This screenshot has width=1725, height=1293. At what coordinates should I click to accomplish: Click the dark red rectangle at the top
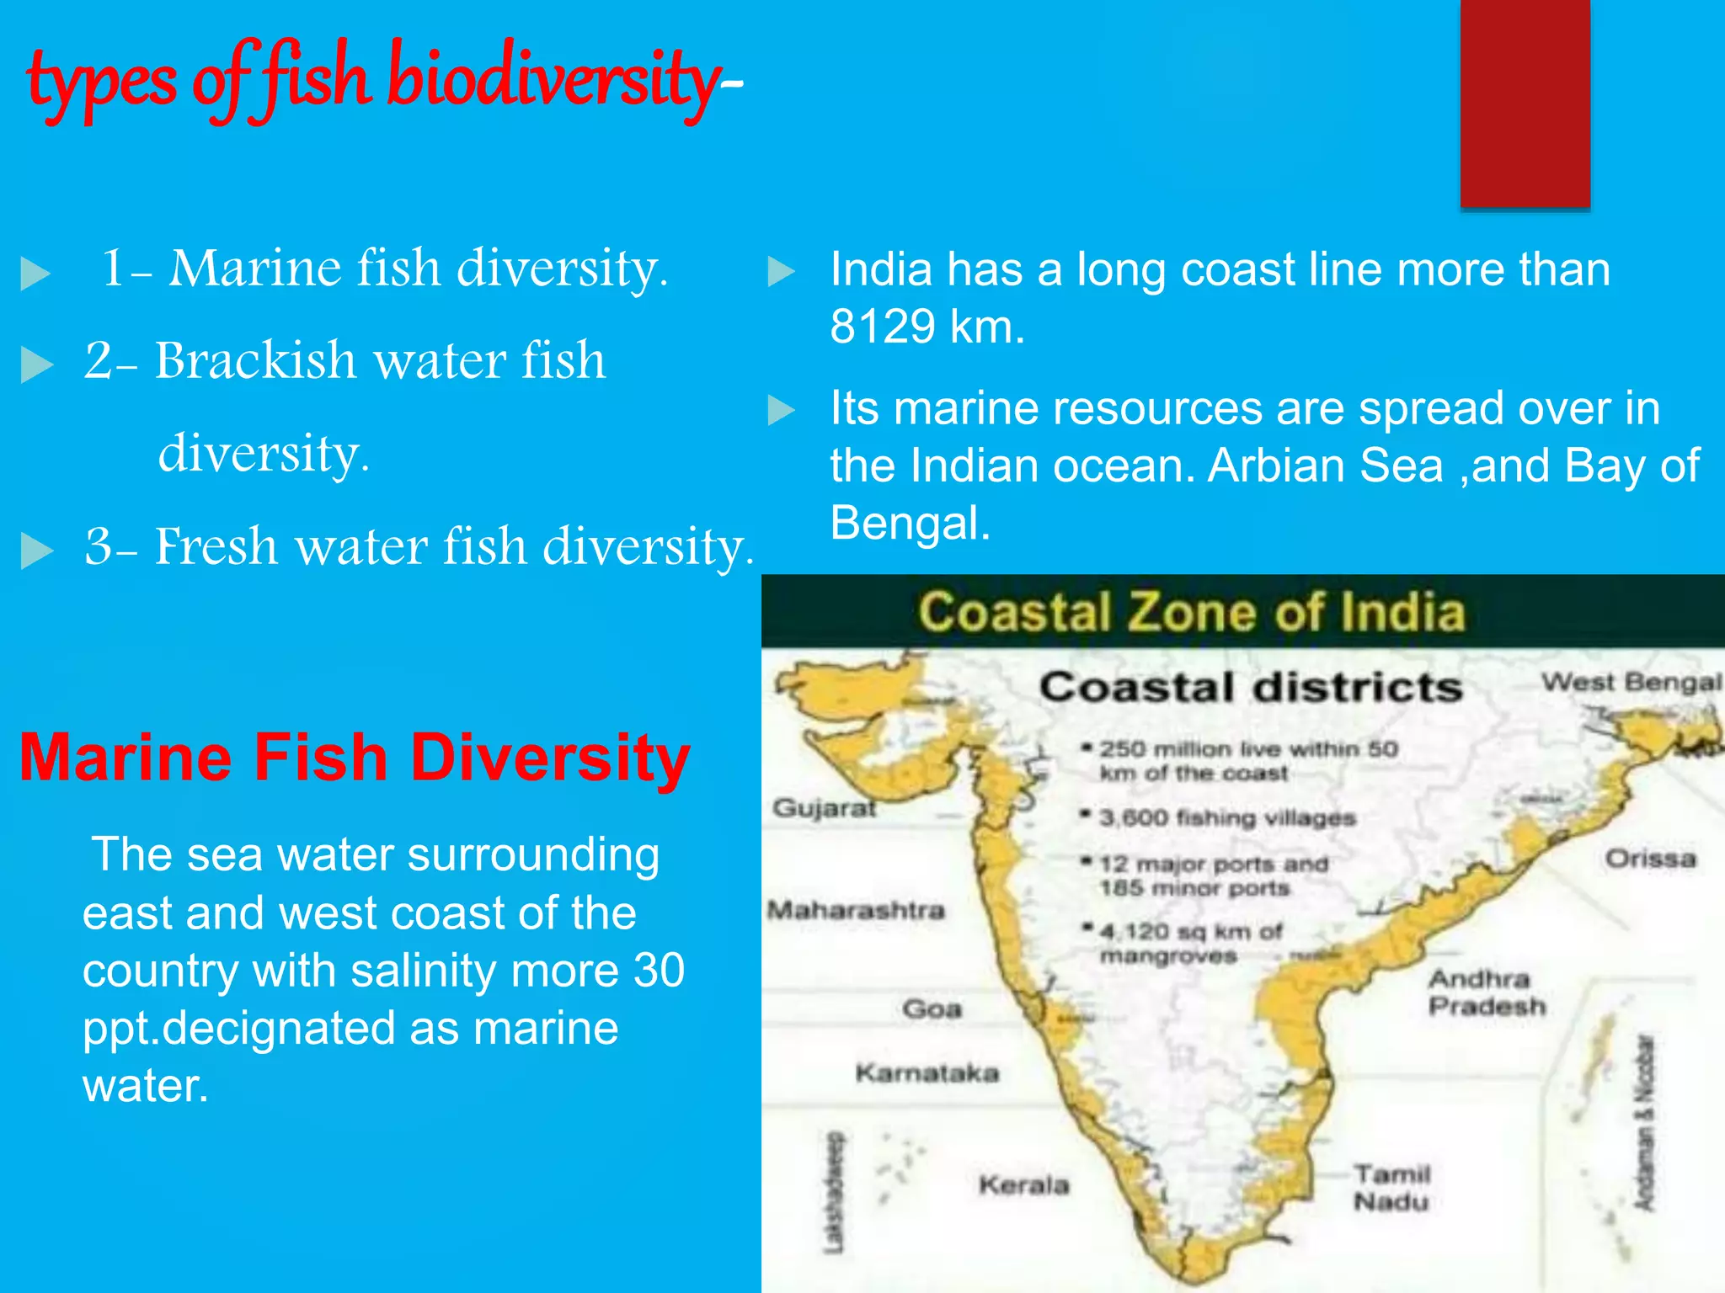click(x=1525, y=103)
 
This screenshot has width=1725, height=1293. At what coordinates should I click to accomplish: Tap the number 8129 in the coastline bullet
click(x=882, y=327)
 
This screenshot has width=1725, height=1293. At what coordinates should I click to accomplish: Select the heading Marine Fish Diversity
click(x=355, y=757)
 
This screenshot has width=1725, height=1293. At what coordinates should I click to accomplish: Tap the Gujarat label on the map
click(x=825, y=808)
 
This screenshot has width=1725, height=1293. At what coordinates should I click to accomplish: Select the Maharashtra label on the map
click(x=856, y=910)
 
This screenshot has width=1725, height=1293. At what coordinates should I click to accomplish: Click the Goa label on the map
click(x=932, y=1008)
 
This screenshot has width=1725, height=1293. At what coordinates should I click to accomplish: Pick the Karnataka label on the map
click(x=927, y=1072)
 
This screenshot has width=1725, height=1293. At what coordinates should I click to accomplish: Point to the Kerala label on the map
click(x=1023, y=1185)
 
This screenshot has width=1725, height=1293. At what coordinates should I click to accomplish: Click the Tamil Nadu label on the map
click(x=1391, y=1187)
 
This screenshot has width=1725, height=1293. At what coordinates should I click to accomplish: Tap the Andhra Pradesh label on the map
click(x=1487, y=992)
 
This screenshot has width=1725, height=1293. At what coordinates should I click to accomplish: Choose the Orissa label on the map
click(x=1649, y=859)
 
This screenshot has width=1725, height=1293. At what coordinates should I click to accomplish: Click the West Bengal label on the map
click(x=1631, y=682)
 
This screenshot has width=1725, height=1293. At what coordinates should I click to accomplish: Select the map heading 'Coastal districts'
click(x=1250, y=687)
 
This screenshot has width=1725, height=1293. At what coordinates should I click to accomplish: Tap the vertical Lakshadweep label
click(x=833, y=1192)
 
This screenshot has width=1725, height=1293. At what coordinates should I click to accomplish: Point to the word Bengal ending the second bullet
click(x=910, y=523)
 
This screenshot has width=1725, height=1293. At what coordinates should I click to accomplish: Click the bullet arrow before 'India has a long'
click(x=781, y=271)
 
